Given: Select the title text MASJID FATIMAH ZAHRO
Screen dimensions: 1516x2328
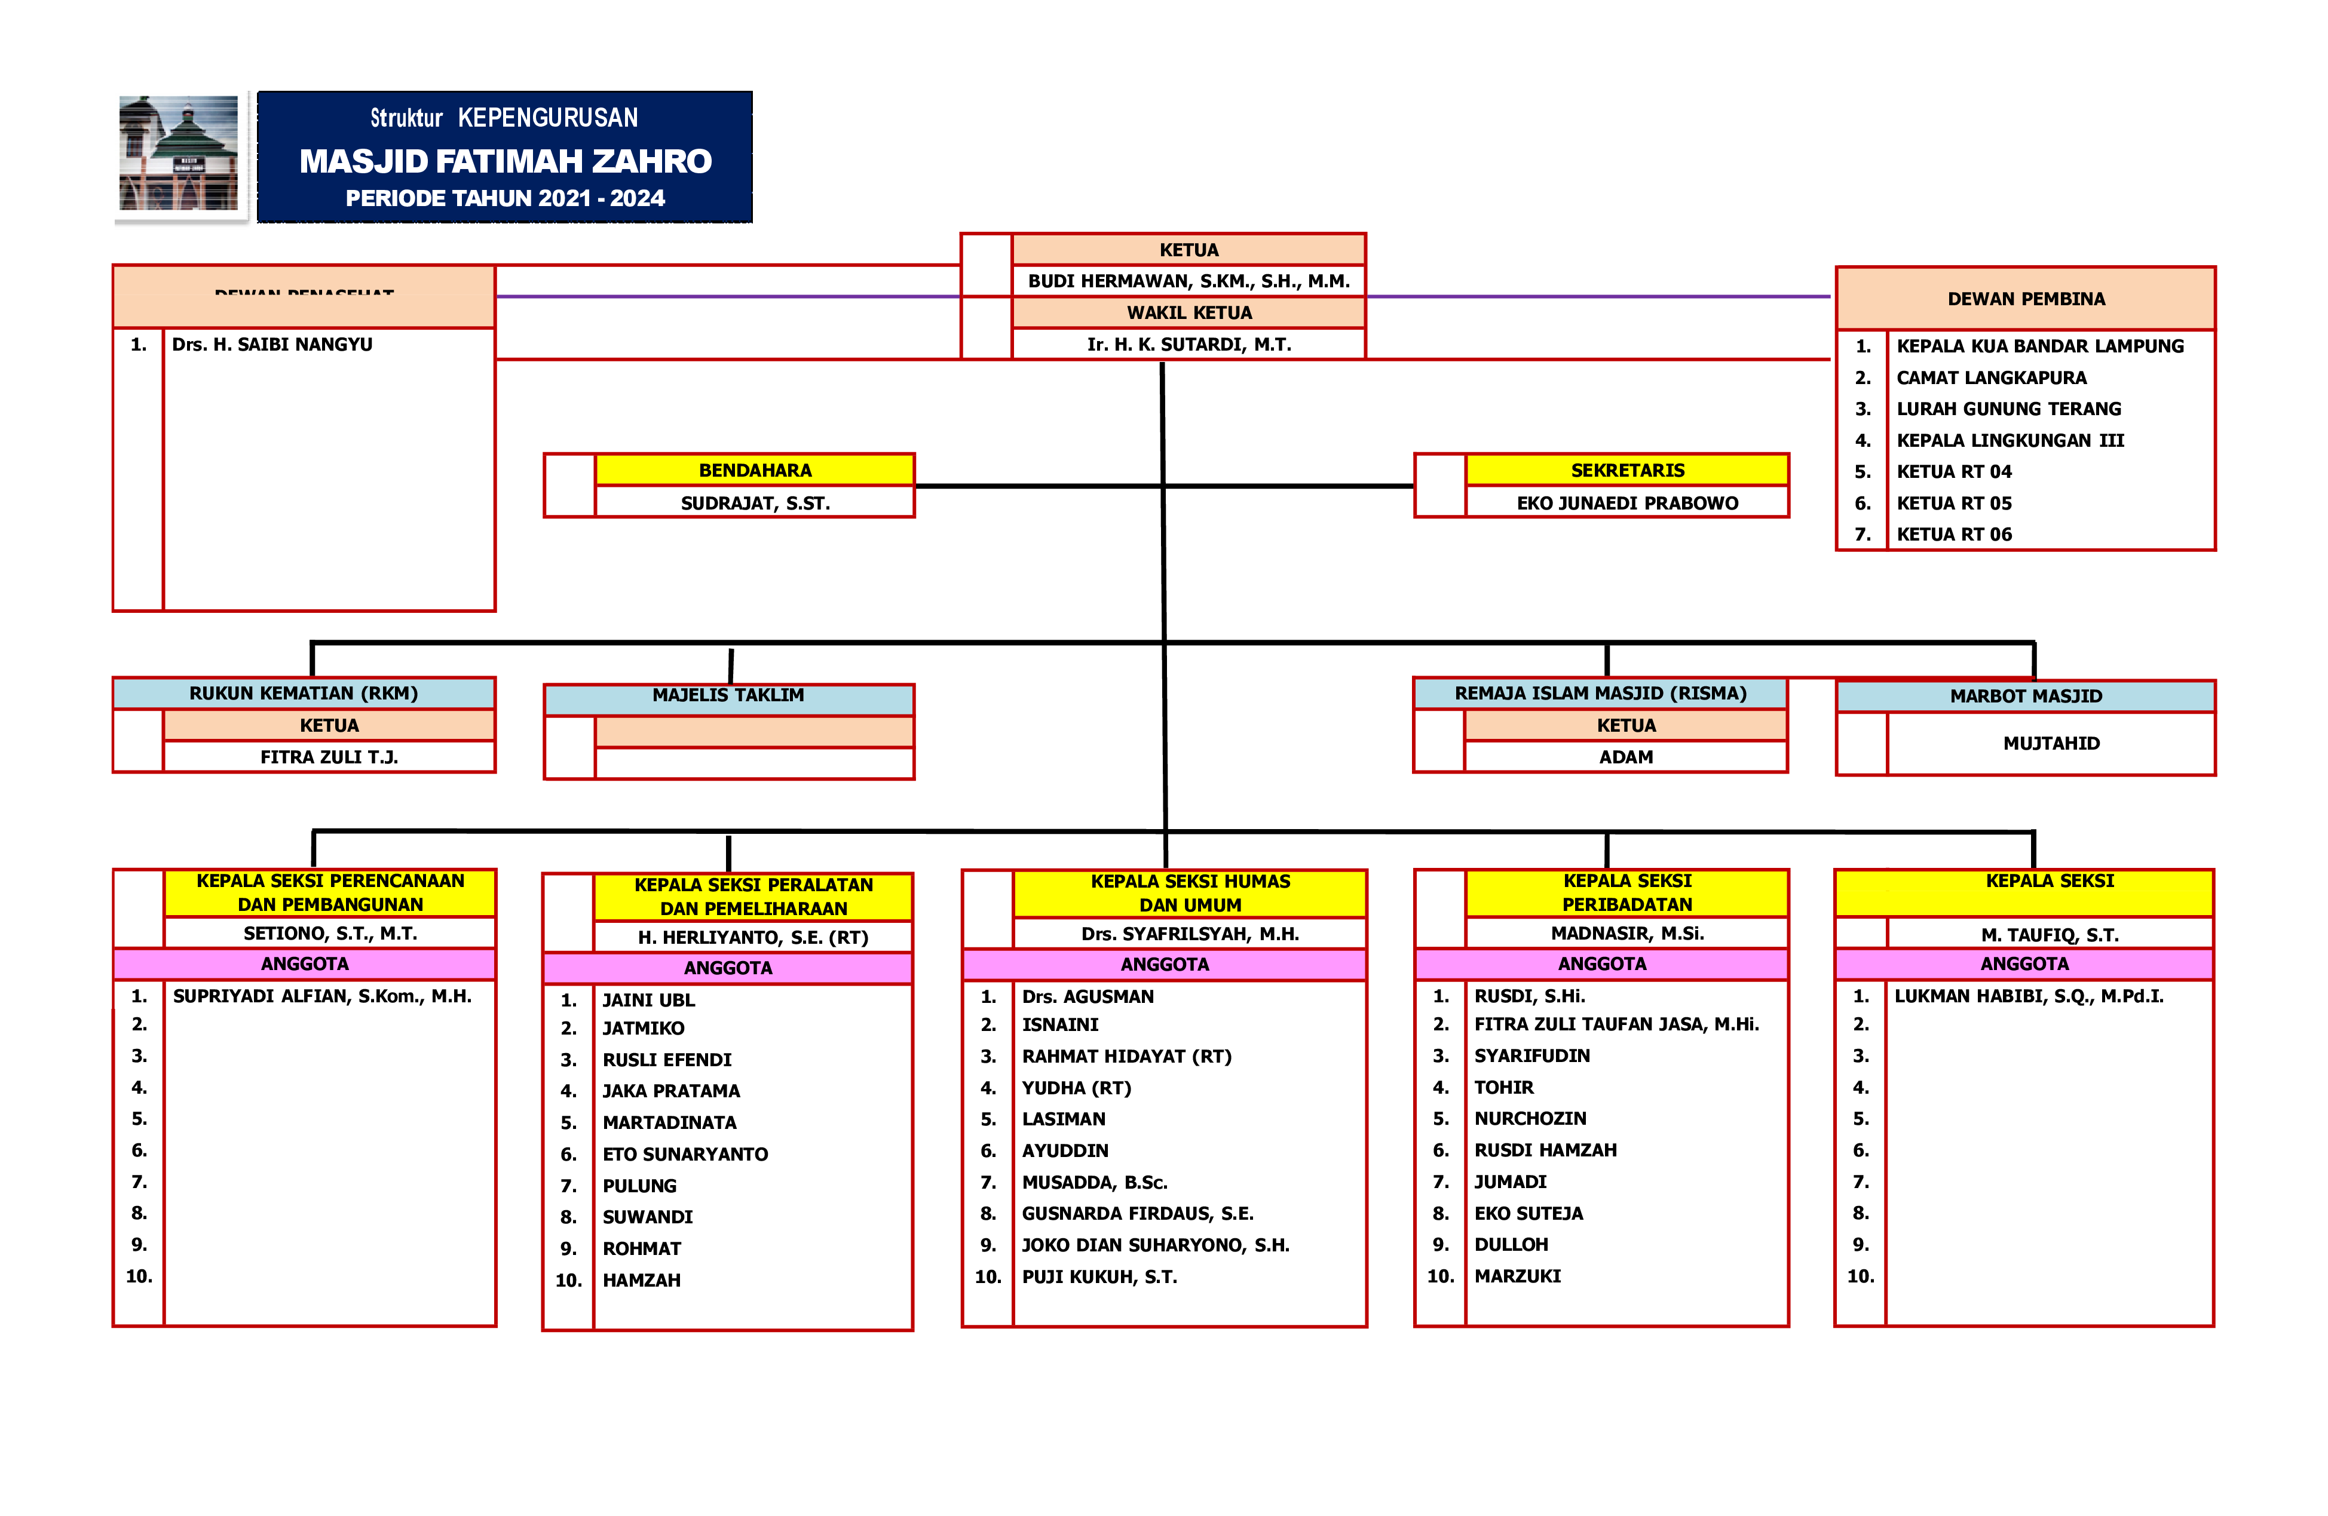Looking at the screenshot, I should click(x=505, y=161).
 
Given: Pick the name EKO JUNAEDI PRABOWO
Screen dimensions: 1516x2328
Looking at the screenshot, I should click(x=1626, y=504).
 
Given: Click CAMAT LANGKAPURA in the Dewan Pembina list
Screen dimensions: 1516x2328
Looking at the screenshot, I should click(x=1990, y=378).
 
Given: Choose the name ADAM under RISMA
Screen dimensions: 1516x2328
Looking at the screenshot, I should click(x=1626, y=757).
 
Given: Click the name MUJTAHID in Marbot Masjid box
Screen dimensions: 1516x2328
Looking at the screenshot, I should click(x=2051, y=743).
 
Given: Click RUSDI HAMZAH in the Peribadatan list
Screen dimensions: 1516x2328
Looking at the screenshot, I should click(x=1545, y=1151).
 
